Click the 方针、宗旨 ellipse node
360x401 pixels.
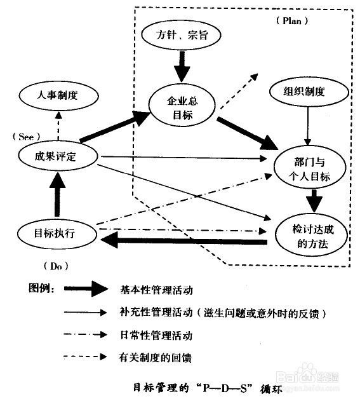tap(181, 36)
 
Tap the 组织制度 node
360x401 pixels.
tap(309, 92)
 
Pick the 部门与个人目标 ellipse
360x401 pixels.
tap(310, 167)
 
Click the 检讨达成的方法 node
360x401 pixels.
tap(312, 234)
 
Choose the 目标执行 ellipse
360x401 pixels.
tap(57, 234)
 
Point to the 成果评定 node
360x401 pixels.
tap(58, 156)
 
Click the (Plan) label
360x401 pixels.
tap(292, 21)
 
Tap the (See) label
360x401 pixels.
tap(26, 137)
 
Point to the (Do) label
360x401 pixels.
tap(56, 266)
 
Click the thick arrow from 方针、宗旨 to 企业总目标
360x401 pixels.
tap(182, 67)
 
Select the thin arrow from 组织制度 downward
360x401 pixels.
tap(308, 126)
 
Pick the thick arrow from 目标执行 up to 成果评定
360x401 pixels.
tap(57, 195)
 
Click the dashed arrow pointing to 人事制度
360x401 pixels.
tap(58, 126)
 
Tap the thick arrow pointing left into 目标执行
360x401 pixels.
tap(184, 241)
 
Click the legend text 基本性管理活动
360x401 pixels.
tap(156, 290)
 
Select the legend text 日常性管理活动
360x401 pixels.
tap(156, 336)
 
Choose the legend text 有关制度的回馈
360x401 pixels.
tap(155, 357)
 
